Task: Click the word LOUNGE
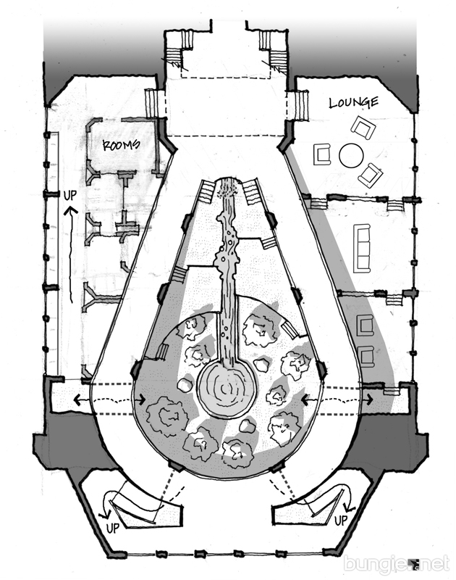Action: pyautogui.click(x=353, y=102)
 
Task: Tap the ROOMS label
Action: pyautogui.click(x=120, y=144)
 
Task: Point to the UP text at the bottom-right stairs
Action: pyautogui.click(x=341, y=521)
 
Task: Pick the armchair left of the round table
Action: pyautogui.click(x=321, y=154)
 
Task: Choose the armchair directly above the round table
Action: pyautogui.click(x=364, y=128)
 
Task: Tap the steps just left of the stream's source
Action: pyautogui.click(x=208, y=192)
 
